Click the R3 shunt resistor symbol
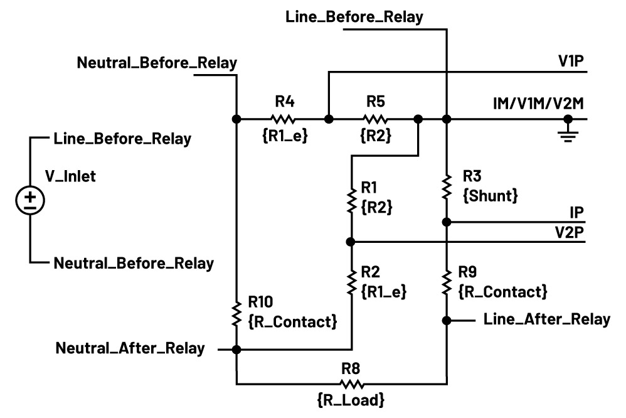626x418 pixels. (447, 186)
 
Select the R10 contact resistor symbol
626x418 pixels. (237, 313)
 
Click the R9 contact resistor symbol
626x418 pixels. (447, 282)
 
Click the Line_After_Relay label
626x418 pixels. (547, 319)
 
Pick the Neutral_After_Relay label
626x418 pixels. (130, 348)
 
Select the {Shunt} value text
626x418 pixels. (490, 196)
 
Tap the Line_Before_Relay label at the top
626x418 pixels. (354, 18)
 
